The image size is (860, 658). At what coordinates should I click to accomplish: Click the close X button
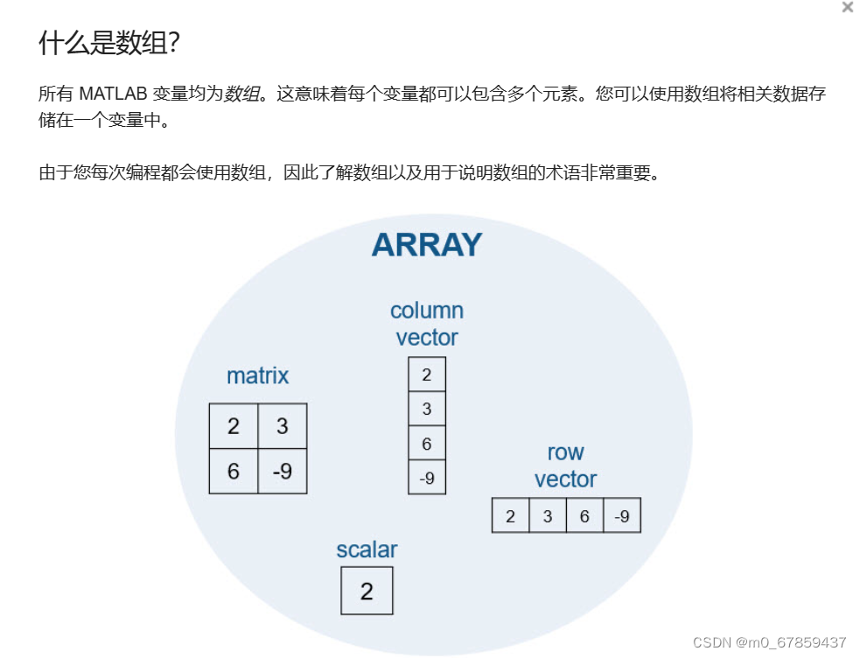coord(847,8)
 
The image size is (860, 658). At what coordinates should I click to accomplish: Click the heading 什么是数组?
coord(109,44)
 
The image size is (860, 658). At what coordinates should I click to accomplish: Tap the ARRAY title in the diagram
coord(426,244)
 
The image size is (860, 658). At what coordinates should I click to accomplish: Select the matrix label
coord(257,375)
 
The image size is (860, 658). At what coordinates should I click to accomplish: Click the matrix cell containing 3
coord(282,426)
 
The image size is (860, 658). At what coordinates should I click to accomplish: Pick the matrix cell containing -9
coord(282,471)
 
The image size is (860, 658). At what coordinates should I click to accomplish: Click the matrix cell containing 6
coord(234,471)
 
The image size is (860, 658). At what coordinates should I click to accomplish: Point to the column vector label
coord(427,324)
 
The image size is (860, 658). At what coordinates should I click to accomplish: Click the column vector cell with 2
coord(427,374)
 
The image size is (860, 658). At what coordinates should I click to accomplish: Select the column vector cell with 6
coord(427,444)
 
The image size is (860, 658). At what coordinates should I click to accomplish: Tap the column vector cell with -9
coord(427,478)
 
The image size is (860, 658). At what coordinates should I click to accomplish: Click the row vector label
coord(565,465)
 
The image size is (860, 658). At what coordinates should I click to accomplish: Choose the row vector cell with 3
coord(548,516)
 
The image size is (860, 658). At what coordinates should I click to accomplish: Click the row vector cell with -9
coord(622,516)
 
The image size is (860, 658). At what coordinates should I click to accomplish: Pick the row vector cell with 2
coord(511,516)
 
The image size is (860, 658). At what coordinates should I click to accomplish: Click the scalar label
coord(367,549)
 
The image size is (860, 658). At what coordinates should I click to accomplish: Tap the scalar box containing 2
coord(367,591)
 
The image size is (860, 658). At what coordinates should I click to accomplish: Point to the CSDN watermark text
coord(769,642)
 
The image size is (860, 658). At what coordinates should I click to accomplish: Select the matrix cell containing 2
coord(234,426)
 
